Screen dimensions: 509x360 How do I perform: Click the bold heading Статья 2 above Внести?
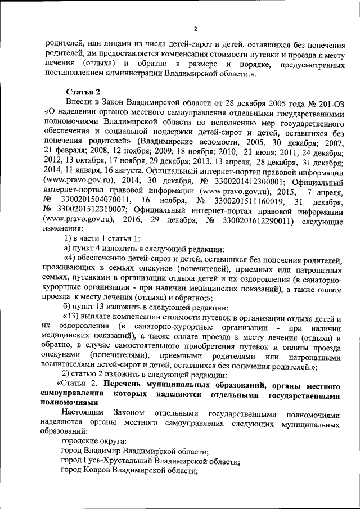coord(83,92)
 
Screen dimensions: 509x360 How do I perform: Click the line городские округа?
coord(93,442)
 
